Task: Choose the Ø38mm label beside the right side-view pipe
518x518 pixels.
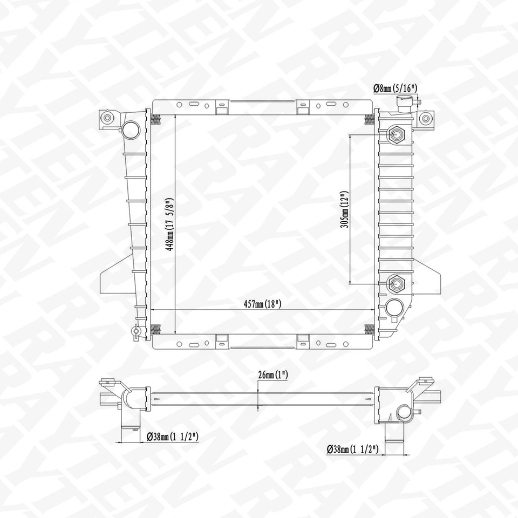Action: [353, 449]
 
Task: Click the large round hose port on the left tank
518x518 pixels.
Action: [130, 128]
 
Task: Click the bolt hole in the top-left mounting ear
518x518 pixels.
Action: [107, 118]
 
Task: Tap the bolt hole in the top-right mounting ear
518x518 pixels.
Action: [426, 118]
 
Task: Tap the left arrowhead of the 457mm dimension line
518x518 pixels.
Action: [152, 310]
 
